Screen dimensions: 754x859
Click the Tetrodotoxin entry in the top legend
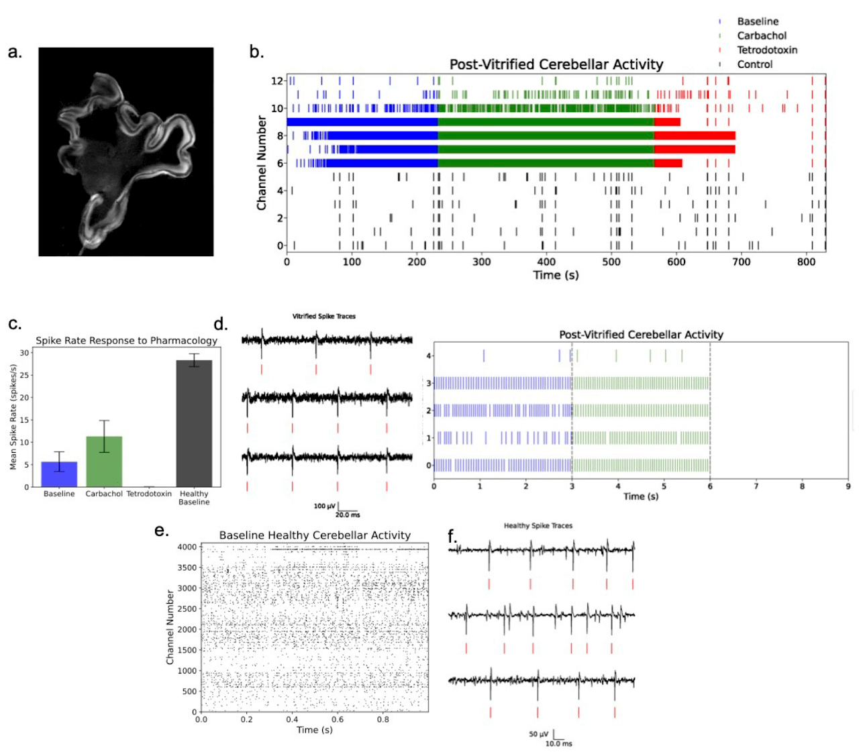pyautogui.click(x=766, y=50)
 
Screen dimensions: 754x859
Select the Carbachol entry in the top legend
pyautogui.click(x=761, y=36)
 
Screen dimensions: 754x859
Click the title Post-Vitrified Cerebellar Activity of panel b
pyautogui.click(x=556, y=64)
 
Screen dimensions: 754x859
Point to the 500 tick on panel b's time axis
pyautogui.click(x=611, y=262)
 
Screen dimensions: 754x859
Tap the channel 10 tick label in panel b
pyautogui.click(x=277, y=108)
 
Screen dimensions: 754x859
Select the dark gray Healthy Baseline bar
pyautogui.click(x=194, y=423)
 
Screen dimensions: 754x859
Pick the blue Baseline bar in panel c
pyautogui.click(x=59, y=474)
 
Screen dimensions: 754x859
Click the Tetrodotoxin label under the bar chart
pyautogui.click(x=149, y=494)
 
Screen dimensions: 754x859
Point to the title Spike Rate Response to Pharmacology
pyautogui.click(x=126, y=341)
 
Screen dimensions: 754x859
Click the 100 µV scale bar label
pyautogui.click(x=324, y=506)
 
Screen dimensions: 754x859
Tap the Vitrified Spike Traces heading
pyautogui.click(x=324, y=316)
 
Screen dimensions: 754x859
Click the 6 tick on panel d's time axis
pyautogui.click(x=710, y=486)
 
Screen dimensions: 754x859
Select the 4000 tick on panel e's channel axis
pyautogui.click(x=188, y=547)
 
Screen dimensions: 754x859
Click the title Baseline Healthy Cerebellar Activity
pyautogui.click(x=315, y=535)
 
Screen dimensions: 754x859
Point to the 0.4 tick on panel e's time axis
pyautogui.click(x=292, y=720)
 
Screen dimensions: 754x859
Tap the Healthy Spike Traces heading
pyautogui.click(x=538, y=526)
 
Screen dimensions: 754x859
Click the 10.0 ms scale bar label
pyautogui.click(x=558, y=743)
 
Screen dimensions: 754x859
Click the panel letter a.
pyautogui.click(x=15, y=52)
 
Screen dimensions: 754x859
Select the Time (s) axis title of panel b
pyautogui.click(x=556, y=275)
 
